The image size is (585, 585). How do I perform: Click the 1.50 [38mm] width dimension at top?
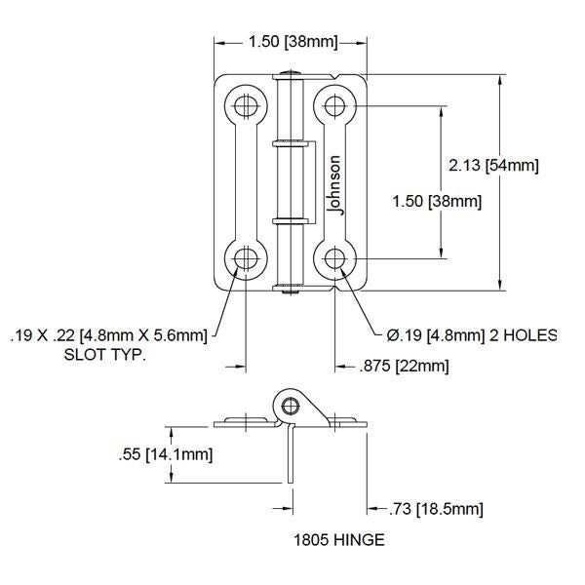pos(293,41)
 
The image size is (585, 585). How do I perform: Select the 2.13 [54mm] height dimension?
pos(493,165)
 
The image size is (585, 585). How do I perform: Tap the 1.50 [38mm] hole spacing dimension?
pos(437,202)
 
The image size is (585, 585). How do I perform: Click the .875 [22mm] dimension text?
pos(404,366)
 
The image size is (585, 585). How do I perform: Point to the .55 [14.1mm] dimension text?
pos(166,454)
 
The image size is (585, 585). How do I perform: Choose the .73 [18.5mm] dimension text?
pos(436,509)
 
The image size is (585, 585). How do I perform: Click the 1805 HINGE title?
pos(339,540)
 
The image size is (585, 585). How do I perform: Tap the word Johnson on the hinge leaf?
pos(334,185)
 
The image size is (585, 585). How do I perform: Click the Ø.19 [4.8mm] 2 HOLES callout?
pos(472,335)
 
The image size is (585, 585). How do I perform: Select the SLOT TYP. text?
pos(105,355)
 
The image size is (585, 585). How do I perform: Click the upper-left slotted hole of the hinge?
pos(246,106)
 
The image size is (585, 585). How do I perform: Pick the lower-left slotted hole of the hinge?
pos(246,258)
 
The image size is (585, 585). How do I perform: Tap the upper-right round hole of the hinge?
pos(334,106)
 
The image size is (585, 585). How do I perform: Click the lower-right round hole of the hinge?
pos(334,258)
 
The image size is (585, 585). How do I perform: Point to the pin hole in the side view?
pos(290,406)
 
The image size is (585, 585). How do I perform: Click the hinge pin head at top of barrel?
pos(291,72)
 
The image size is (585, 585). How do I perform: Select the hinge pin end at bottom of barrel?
pos(291,292)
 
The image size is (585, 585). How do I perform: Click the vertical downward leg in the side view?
pos(291,453)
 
